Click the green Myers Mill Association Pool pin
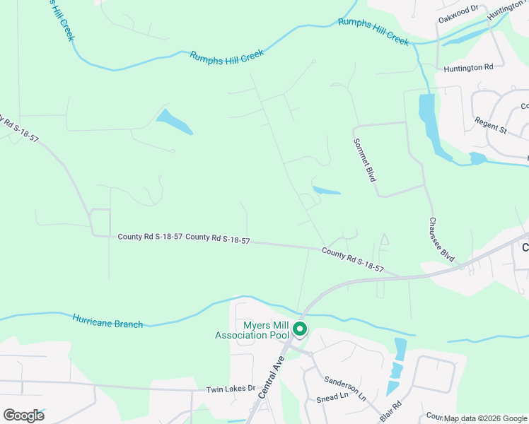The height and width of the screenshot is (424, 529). tap(299, 329)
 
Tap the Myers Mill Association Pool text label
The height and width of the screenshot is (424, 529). tap(252, 329)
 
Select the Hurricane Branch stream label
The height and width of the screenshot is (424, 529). tap(107, 319)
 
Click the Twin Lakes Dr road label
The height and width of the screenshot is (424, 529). tap(230, 389)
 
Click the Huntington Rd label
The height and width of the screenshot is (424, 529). tap(468, 68)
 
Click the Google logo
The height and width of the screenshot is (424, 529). tap(23, 415)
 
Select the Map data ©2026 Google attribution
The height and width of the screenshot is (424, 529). tap(485, 418)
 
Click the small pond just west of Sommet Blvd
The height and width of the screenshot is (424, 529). tap(326, 190)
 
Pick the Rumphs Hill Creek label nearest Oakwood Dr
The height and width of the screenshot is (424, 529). tap(373, 32)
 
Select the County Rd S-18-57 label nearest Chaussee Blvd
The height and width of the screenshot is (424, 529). tap(352, 259)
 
